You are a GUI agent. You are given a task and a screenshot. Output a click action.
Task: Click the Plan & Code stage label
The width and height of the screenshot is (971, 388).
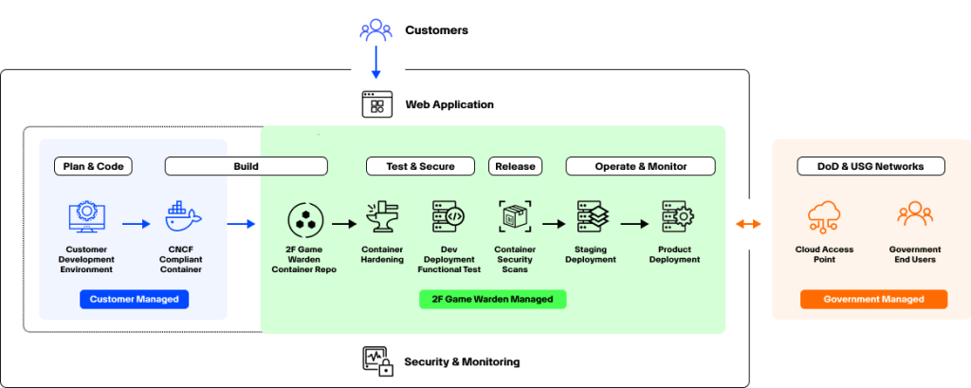pos(93,166)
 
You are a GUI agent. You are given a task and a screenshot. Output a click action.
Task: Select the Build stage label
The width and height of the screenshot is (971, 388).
pos(246,166)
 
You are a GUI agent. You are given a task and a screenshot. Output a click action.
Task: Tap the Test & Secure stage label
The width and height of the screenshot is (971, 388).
pos(420,166)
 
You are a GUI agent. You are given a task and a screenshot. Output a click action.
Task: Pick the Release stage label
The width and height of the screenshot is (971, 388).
pos(515,166)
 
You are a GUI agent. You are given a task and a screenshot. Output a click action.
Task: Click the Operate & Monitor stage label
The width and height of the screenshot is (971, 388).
pos(640,166)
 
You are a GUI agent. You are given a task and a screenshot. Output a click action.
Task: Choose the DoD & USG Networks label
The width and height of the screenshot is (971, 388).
pos(870,166)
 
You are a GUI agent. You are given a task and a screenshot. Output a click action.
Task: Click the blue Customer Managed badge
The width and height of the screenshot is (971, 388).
pos(134,299)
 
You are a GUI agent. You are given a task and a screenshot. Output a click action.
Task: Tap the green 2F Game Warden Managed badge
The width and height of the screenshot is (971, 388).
pos(492,299)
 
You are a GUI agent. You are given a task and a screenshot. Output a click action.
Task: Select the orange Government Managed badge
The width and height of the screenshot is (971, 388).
pos(873,299)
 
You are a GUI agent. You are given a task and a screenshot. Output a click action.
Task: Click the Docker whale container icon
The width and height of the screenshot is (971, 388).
pos(183,218)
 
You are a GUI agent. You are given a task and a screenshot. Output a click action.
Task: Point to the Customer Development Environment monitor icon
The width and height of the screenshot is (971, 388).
pos(85,218)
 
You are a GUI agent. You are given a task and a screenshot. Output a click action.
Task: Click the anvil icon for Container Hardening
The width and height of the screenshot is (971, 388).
pos(382,218)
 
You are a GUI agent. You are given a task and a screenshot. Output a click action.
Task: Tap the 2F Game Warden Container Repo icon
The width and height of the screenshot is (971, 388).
pos(305,220)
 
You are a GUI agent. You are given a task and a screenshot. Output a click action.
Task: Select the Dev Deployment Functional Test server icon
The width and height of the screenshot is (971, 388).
pos(448,218)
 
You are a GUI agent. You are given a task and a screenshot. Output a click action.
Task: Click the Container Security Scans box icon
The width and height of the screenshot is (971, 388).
pos(515,218)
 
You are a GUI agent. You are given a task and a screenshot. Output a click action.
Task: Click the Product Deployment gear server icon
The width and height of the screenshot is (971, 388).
pos(675,218)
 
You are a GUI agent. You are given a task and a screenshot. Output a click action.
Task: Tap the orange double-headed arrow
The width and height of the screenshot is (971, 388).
pos(749,224)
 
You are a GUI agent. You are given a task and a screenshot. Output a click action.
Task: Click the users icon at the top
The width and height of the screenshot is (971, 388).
pos(376,29)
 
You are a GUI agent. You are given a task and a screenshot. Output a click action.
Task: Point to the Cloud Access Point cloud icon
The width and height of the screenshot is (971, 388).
pos(824,218)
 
